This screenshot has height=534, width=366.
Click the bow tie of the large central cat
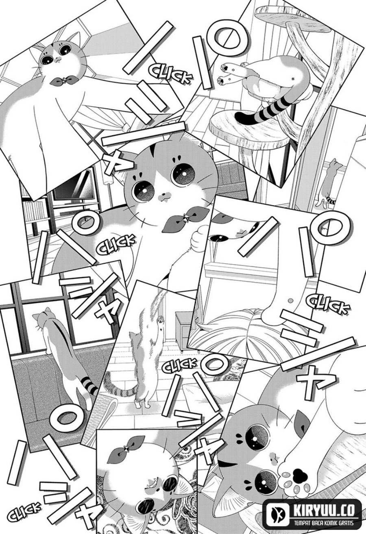[x=178, y=220]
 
